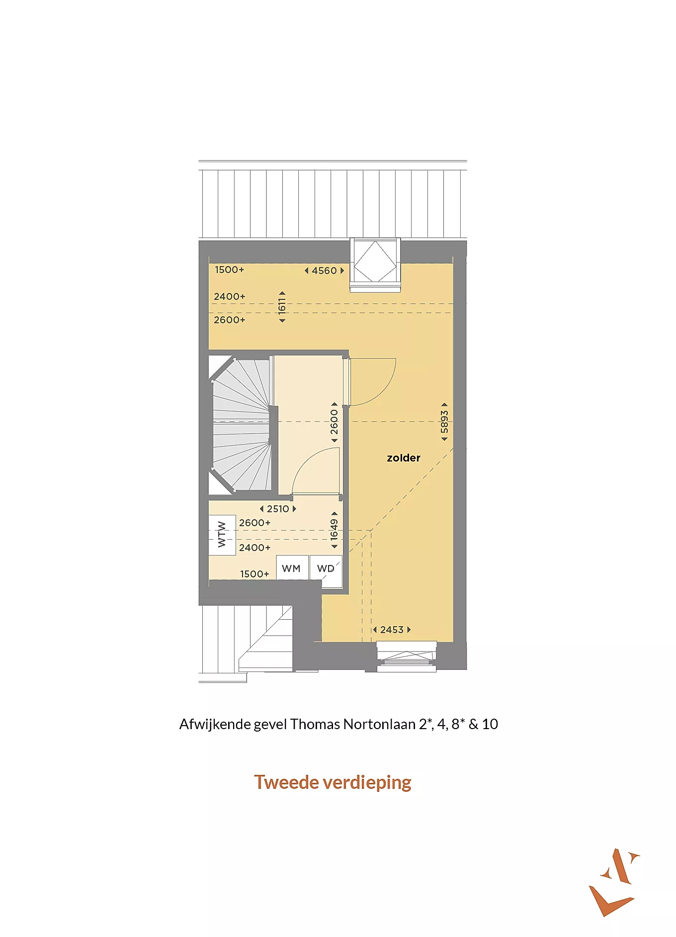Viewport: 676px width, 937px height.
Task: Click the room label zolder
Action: [x=404, y=458]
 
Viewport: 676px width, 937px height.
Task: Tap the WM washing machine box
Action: [x=292, y=568]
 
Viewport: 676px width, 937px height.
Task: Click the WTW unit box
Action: [x=222, y=535]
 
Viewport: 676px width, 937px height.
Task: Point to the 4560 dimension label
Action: [x=324, y=271]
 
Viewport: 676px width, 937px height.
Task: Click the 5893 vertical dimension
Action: [x=444, y=422]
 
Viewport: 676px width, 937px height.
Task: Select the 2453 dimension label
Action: [x=392, y=630]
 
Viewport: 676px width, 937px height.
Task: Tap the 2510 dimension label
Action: [x=278, y=509]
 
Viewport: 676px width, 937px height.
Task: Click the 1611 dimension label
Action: [x=282, y=307]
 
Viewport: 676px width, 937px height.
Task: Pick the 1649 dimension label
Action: [x=335, y=530]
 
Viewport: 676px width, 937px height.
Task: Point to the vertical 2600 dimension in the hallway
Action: [x=335, y=422]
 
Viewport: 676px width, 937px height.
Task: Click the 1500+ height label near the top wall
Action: [x=230, y=270]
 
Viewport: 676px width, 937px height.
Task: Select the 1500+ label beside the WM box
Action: [x=254, y=574]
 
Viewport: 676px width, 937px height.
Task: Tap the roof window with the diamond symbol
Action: [x=375, y=262]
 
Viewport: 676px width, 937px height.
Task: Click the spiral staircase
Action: [x=241, y=425]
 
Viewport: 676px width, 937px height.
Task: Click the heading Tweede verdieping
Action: [x=333, y=782]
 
